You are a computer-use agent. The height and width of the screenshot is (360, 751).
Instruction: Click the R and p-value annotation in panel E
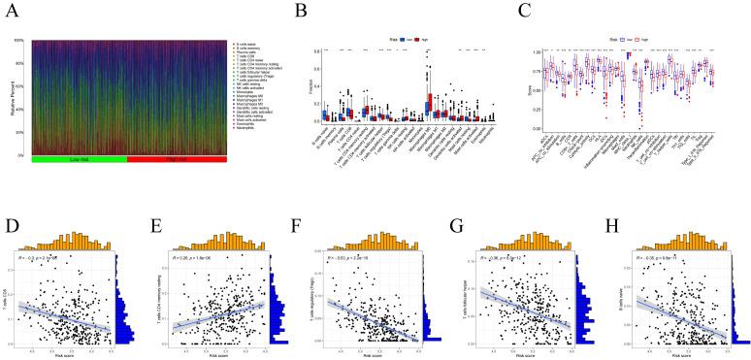point(200,259)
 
